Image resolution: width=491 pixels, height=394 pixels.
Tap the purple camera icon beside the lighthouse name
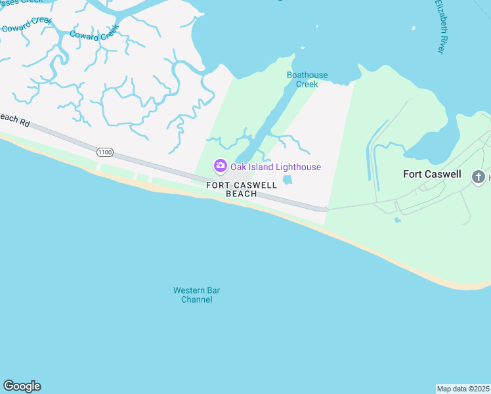[221, 166]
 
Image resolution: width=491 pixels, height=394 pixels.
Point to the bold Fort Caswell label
[432, 175]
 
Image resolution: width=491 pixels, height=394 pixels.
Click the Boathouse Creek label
[307, 79]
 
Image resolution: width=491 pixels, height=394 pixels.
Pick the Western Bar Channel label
[193, 295]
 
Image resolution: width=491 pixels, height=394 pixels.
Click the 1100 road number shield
[104, 152]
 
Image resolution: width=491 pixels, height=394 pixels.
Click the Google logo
[22, 386]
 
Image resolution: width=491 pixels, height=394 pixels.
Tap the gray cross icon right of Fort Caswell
[479, 177]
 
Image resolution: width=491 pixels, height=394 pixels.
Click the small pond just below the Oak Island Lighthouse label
[288, 180]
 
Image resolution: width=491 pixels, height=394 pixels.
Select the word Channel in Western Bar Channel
[197, 299]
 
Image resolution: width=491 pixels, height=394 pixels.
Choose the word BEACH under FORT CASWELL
[242, 194]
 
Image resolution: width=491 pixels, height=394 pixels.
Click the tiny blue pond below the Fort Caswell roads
[398, 220]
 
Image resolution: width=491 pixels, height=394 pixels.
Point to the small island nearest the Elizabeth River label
[414, 28]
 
